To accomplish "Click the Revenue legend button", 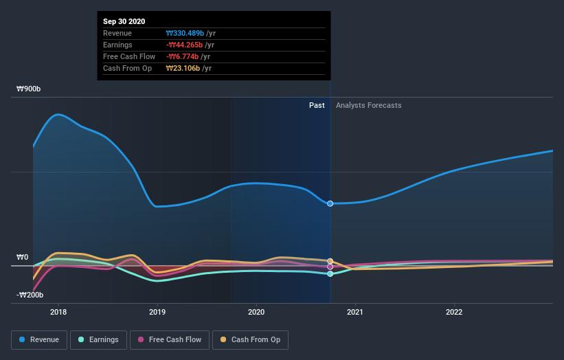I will pyautogui.click(x=39, y=339).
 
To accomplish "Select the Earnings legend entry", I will pyautogui.click(x=98, y=339).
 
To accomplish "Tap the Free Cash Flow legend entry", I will pyautogui.click(x=169, y=339).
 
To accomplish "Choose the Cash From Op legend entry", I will pyautogui.click(x=251, y=339).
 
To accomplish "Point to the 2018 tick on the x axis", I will pyautogui.click(x=58, y=311).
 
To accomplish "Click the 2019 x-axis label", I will pyautogui.click(x=157, y=311).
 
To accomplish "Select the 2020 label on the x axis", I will pyautogui.click(x=256, y=311).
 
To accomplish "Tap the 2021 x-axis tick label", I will pyautogui.click(x=355, y=311).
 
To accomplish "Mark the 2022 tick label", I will pyautogui.click(x=454, y=311).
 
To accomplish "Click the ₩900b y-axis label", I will pyautogui.click(x=29, y=89).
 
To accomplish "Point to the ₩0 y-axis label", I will pyautogui.click(x=23, y=258).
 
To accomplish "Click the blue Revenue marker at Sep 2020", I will pyautogui.click(x=330, y=203).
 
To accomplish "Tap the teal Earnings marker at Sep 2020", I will pyautogui.click(x=330, y=273).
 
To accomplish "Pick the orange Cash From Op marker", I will pyautogui.click(x=330, y=262).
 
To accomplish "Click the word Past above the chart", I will pyautogui.click(x=317, y=105).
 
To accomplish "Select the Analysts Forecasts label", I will pyautogui.click(x=368, y=105).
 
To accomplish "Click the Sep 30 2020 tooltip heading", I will pyautogui.click(x=124, y=22).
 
